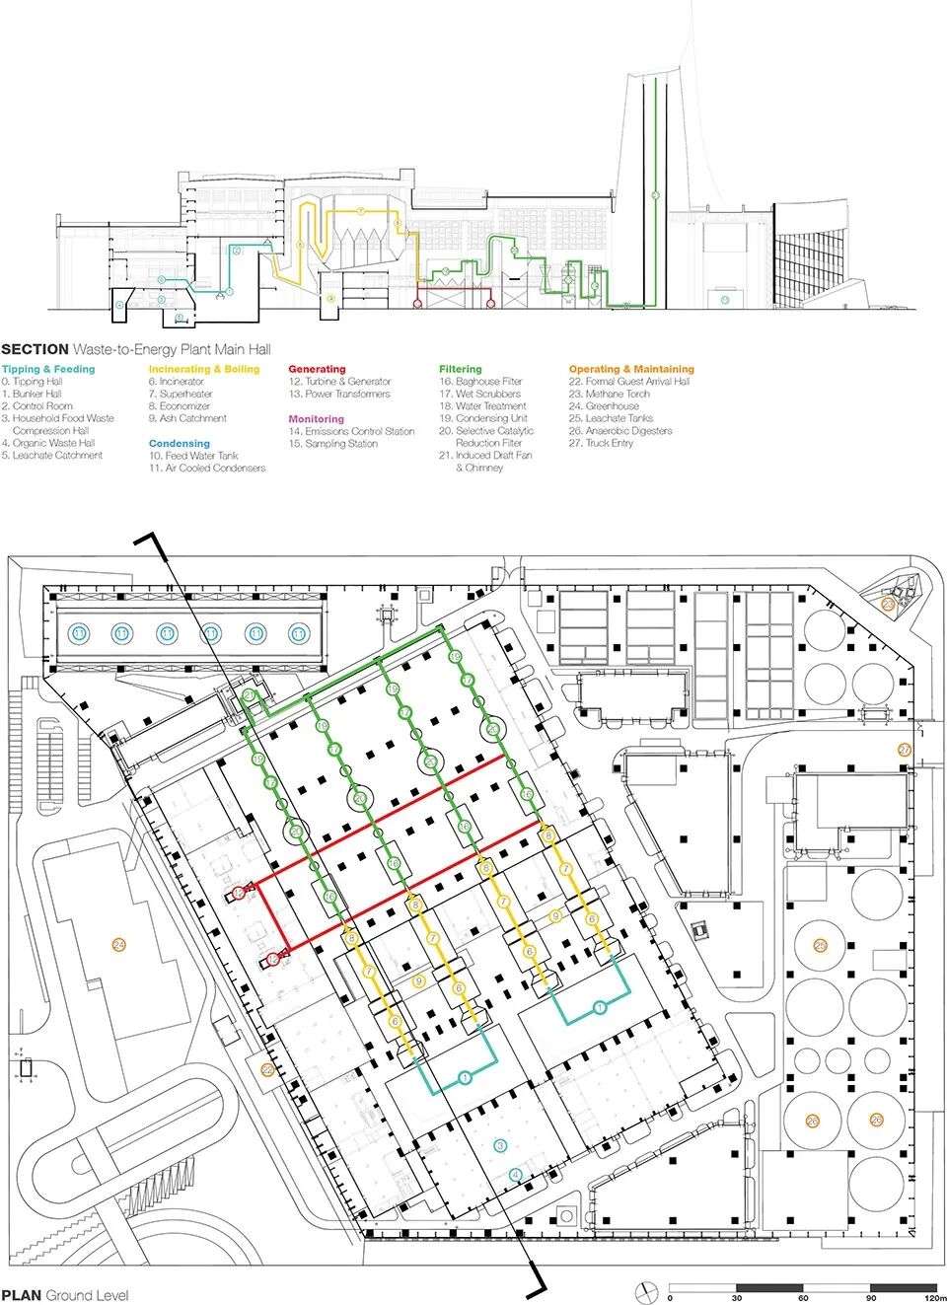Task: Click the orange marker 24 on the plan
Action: point(119,945)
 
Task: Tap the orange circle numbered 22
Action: point(267,1069)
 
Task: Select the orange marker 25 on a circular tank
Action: point(820,946)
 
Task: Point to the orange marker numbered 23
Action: point(888,604)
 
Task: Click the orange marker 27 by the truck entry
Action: point(905,750)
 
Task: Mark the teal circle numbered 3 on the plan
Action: point(500,1145)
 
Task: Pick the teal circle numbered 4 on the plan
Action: point(515,1175)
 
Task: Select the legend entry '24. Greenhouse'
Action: point(604,406)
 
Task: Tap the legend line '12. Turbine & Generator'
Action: point(339,382)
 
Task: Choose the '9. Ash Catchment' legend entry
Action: point(187,418)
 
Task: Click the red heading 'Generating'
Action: point(317,369)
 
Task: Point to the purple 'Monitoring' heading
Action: point(316,419)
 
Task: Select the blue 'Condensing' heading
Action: point(180,444)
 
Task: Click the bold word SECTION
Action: point(35,349)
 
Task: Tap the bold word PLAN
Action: point(21,1295)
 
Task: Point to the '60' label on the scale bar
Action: point(803,1298)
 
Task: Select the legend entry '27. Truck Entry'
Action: point(601,444)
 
